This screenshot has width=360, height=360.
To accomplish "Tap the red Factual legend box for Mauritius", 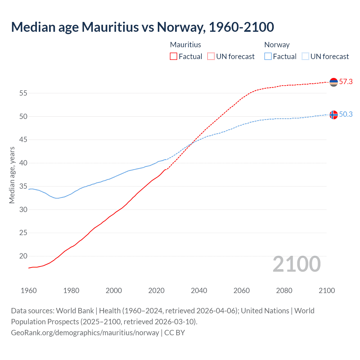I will [174, 57].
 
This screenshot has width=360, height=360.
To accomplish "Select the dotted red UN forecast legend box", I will [211, 57].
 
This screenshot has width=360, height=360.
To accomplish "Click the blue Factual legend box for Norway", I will [268, 57].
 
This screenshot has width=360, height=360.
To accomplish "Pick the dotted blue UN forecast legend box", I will [305, 57].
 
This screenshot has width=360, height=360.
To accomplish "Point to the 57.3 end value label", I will [346, 82].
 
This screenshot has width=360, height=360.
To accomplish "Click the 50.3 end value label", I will [346, 114].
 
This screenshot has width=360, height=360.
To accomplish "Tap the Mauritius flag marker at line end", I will [334, 82].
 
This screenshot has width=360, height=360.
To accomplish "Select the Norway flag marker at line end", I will [334, 115].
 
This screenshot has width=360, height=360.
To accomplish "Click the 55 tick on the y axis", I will [23, 93].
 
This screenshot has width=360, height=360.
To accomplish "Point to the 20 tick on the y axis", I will [23, 256].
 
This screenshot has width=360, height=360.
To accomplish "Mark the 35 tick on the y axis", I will [23, 186].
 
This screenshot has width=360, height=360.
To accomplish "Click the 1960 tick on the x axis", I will [29, 291].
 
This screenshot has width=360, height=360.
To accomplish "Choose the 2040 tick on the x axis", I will [199, 291].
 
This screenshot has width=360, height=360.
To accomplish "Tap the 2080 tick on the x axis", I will [284, 291].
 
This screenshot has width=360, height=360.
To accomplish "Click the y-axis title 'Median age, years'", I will [12, 175].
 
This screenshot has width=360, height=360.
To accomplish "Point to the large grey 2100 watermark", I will [296, 264].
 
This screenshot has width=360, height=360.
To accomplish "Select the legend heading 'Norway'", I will [277, 45].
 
